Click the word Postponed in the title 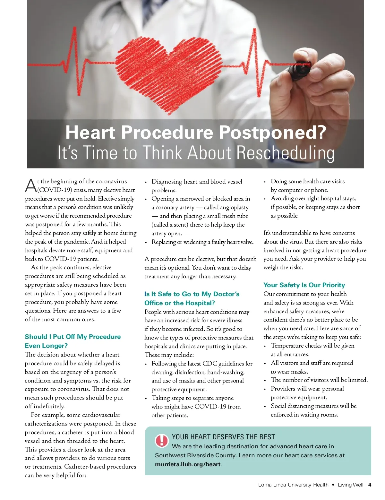tap(272, 133)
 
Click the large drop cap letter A tap(31, 186)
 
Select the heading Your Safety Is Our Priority tap(304, 285)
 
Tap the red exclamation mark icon tap(162, 440)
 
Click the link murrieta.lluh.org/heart tap(188, 464)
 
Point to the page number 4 tap(370, 485)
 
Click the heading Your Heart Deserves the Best tap(223, 437)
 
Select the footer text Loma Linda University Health tap(293, 485)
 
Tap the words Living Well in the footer tap(350, 485)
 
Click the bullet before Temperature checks tap(265, 346)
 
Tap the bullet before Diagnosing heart tap(146, 182)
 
